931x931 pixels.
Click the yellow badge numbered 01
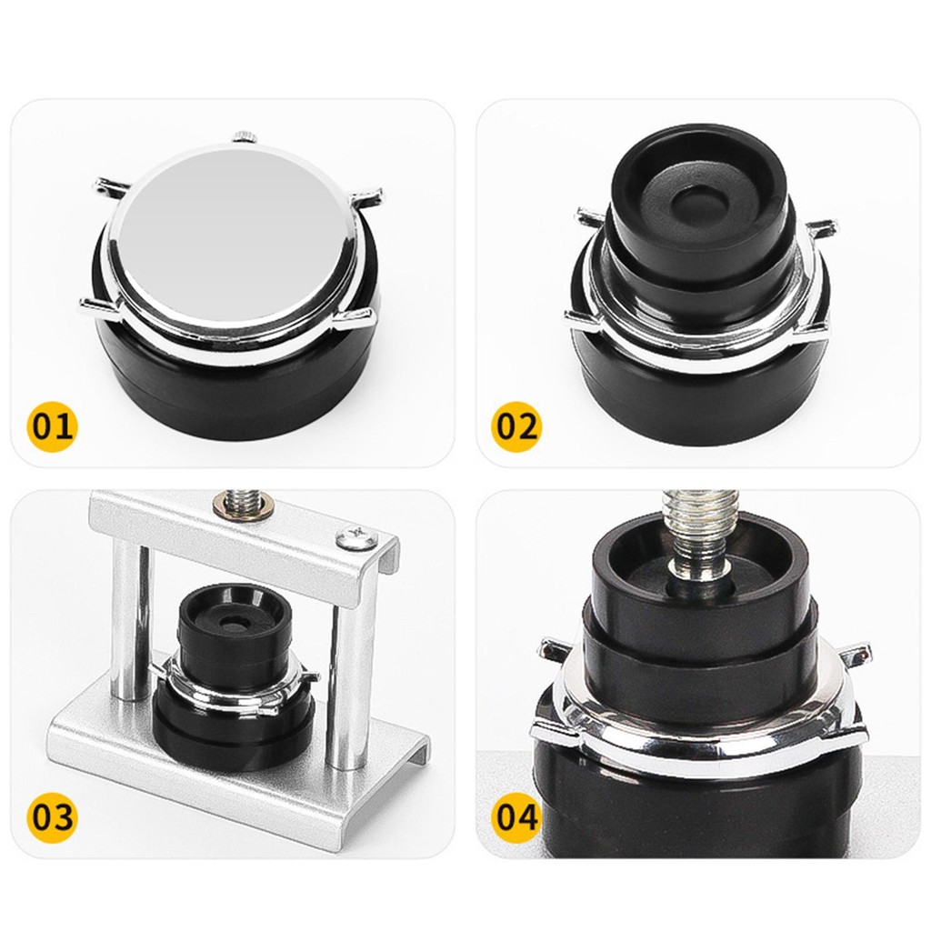click(x=52, y=425)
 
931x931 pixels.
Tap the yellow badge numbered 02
click(x=516, y=425)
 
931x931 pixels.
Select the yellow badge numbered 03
click(x=52, y=816)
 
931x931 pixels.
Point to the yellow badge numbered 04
click(x=516, y=816)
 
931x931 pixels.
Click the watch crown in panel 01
click(x=244, y=136)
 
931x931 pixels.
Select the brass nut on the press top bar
click(x=244, y=506)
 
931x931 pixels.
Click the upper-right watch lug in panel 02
click(x=821, y=229)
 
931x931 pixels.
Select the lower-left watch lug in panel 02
click(x=583, y=321)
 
